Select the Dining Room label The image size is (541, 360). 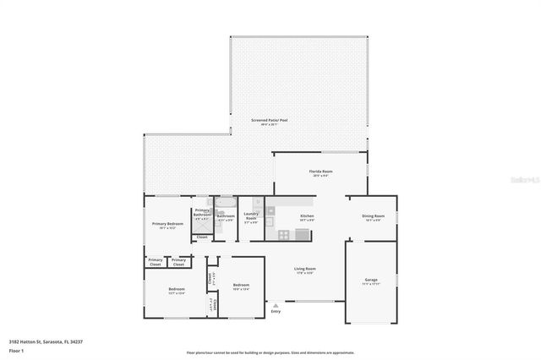[x=373, y=216]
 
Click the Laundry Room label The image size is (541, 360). [x=250, y=217]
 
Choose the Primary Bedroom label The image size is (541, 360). [x=166, y=224]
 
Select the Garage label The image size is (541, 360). [x=370, y=280]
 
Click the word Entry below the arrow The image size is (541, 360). [x=276, y=311]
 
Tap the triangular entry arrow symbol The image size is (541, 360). [x=275, y=304]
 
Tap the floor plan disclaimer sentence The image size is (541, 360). [x=270, y=352]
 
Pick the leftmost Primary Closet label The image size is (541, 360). [x=156, y=261]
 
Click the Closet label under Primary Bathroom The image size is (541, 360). [x=202, y=237]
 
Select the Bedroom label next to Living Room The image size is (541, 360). [x=240, y=286]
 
